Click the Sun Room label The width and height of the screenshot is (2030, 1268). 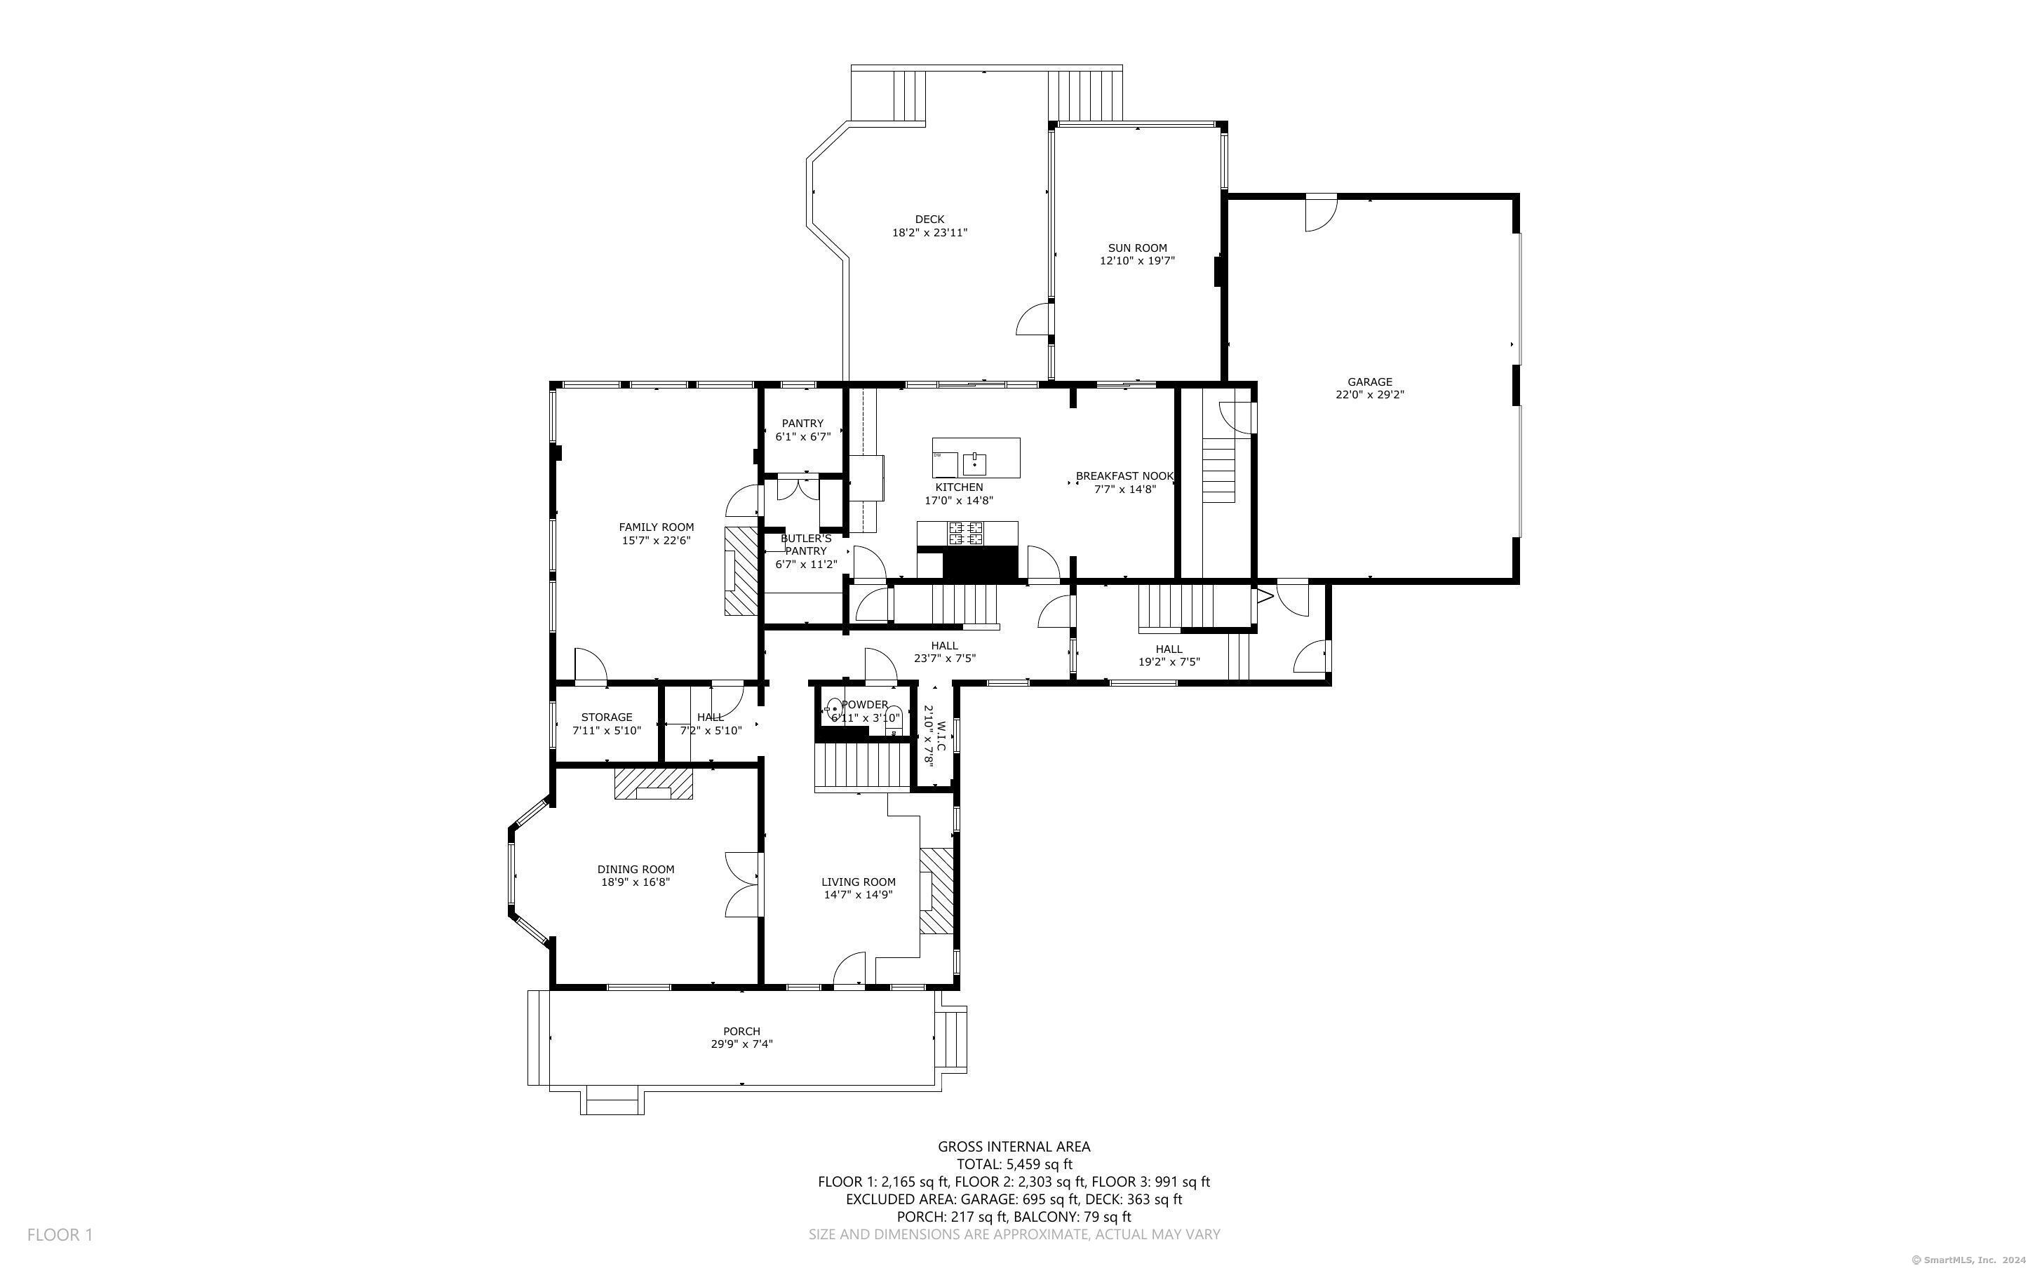(x=1137, y=248)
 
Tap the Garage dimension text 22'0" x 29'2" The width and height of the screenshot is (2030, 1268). (x=1369, y=395)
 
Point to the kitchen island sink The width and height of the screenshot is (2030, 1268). (x=974, y=461)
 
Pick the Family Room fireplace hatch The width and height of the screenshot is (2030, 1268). (x=741, y=572)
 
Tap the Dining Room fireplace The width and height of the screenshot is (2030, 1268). (x=654, y=783)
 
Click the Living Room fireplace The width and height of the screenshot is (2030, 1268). (x=937, y=891)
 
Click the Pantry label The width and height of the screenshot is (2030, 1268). (x=802, y=424)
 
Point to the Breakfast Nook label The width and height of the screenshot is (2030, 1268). (x=1125, y=476)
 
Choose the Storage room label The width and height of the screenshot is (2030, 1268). (x=606, y=717)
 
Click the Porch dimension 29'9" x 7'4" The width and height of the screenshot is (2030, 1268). (x=741, y=1044)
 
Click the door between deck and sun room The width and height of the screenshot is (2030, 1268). (x=1035, y=320)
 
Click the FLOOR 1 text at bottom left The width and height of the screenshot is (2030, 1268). (x=60, y=1234)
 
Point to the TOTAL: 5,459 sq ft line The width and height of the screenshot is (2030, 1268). (x=1014, y=1164)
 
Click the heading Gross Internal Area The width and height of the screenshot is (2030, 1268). (x=1014, y=1147)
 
